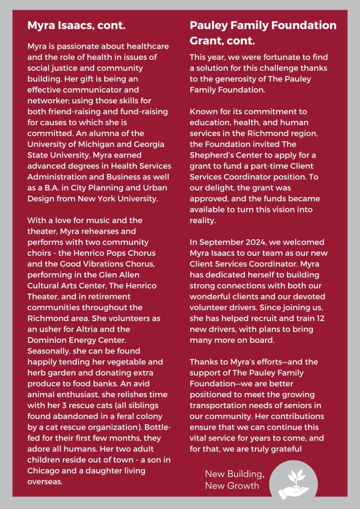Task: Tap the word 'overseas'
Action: [45, 481]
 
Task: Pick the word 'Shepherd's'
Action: [213, 144]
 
